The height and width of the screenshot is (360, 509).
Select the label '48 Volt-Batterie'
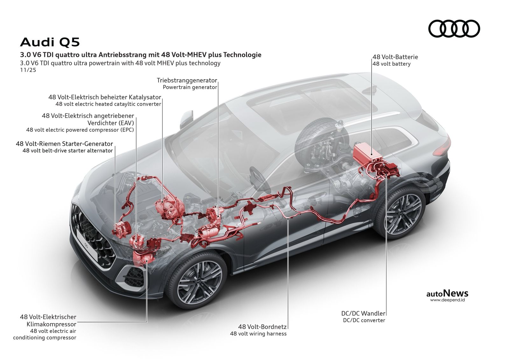[395, 57]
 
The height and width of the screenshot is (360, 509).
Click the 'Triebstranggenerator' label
[187, 80]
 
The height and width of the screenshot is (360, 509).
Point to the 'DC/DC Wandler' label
[364, 313]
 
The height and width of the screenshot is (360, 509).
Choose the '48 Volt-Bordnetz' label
[262, 327]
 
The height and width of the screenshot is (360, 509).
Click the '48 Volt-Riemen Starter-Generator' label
[64, 144]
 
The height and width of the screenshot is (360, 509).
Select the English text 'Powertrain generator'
[190, 87]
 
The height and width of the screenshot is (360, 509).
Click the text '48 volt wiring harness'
[258, 334]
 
